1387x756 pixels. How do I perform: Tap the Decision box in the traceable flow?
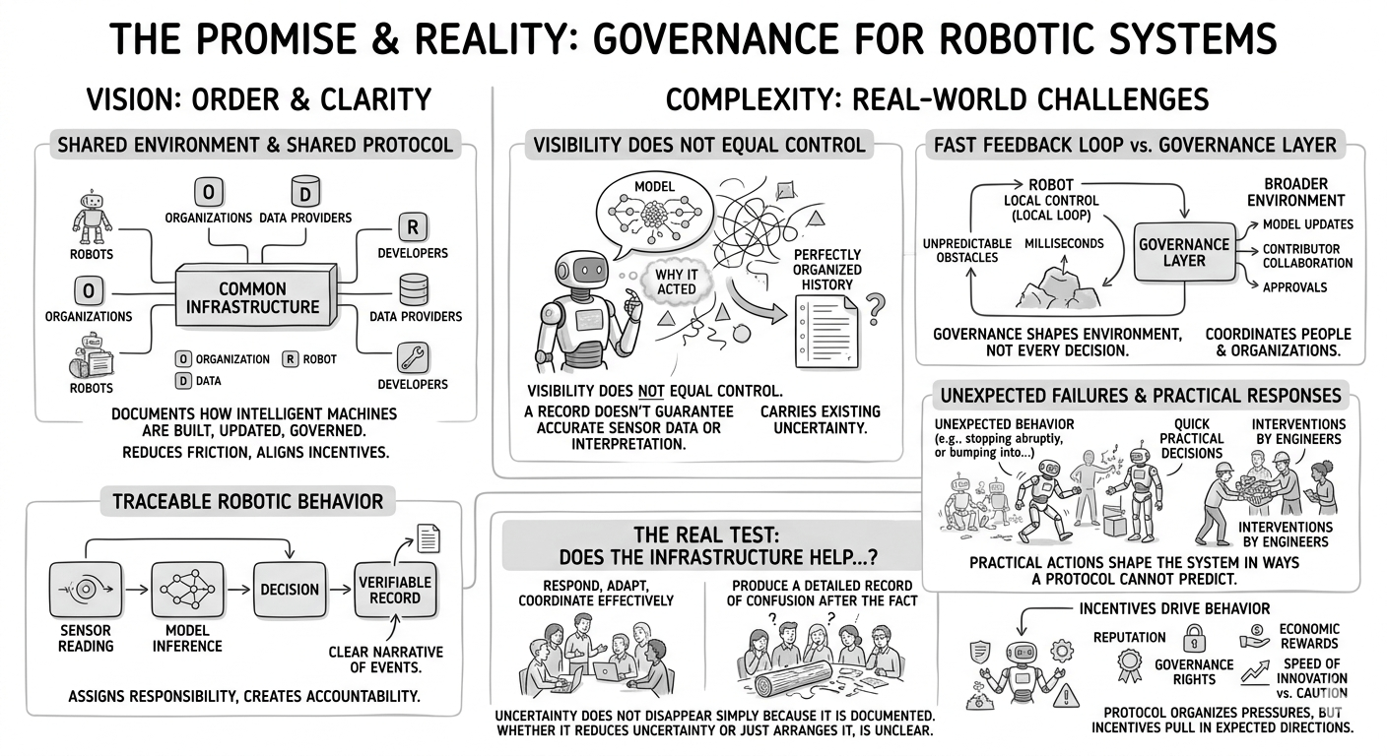(289, 590)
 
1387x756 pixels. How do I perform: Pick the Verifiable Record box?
(395, 590)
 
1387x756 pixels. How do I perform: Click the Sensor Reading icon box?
(85, 590)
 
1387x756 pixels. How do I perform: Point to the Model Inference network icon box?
(187, 590)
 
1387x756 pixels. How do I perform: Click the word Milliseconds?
(1064, 243)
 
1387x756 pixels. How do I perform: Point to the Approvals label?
(1296, 287)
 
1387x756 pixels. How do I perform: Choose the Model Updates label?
(1307, 223)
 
